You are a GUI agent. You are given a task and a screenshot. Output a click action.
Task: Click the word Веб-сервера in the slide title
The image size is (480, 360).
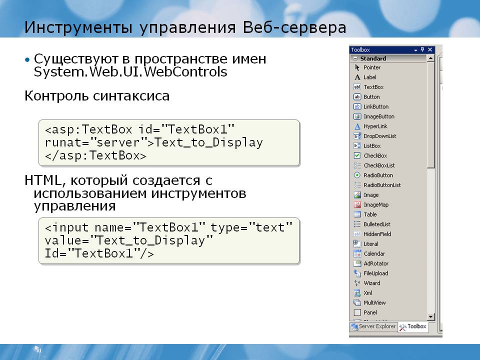pos(294,27)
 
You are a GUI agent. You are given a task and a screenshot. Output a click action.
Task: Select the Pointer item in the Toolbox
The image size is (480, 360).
pos(371,67)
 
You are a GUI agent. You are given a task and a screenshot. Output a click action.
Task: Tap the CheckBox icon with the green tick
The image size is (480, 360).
pos(357,155)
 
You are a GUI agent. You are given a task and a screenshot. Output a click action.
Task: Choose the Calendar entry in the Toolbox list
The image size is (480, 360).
pos(374,253)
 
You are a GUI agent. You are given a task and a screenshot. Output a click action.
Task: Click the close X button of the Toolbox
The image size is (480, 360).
pos(430,49)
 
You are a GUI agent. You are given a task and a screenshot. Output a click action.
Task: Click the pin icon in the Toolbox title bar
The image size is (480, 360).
pos(422,49)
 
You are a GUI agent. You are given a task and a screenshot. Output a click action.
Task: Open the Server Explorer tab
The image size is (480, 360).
pos(373,326)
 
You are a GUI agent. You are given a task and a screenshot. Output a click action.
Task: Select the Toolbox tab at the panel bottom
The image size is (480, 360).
pos(413,326)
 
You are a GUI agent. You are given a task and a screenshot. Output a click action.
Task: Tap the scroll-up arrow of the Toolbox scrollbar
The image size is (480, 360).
pos(430,58)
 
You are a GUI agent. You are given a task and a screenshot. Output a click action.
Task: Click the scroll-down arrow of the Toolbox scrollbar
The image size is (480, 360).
pos(430,317)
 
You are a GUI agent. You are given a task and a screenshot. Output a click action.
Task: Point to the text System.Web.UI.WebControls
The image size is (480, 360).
pos(130,72)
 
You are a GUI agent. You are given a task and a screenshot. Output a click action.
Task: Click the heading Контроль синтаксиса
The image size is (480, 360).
pos(96,96)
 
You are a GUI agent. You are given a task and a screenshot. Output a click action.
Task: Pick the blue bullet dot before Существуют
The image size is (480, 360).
pos(27,59)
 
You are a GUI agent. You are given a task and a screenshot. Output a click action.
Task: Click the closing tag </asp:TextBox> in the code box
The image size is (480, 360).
pos(95,156)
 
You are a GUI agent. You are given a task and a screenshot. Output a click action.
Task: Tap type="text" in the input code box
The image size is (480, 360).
pos(251,228)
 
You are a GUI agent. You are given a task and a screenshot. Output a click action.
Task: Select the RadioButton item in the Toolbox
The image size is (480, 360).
pos(378,175)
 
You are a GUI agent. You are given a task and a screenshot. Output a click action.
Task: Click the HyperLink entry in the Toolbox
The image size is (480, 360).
pos(375,126)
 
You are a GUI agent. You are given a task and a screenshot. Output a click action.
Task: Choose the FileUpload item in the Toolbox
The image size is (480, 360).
pos(375,273)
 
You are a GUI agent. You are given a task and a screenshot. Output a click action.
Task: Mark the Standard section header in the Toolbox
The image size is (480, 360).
pos(373,58)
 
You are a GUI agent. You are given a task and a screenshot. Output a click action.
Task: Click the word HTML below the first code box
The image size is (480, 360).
pos(43,180)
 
